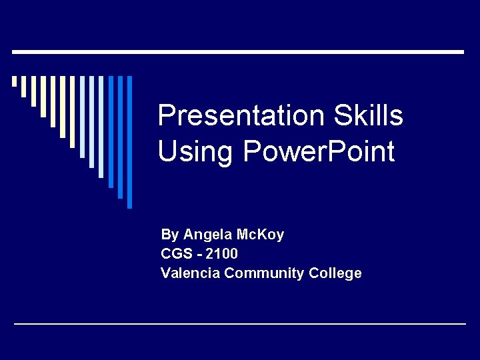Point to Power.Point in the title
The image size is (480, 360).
coord(319,152)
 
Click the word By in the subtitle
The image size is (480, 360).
coord(169,235)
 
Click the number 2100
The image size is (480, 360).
coord(222,254)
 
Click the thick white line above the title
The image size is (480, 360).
coord(239,51)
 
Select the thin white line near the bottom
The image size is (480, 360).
coord(240,324)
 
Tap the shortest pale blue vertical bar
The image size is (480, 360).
coord(82,117)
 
